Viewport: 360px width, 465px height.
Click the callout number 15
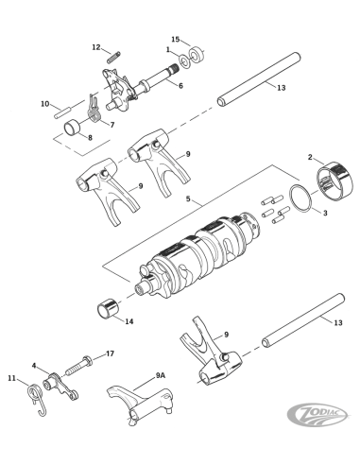(176, 40)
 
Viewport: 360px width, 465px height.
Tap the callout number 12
(96, 47)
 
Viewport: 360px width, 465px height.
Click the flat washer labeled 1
(184, 60)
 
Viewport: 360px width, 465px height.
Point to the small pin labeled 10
(63, 113)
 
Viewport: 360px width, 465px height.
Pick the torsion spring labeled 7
(94, 111)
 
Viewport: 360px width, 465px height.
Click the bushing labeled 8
(73, 128)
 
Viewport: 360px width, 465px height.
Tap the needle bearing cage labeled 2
(332, 181)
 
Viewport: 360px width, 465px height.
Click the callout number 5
(188, 199)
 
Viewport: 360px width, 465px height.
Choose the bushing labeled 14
(107, 308)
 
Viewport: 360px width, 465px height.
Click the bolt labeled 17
(78, 366)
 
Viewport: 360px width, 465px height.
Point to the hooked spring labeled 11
(37, 398)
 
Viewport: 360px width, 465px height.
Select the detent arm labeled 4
(61, 386)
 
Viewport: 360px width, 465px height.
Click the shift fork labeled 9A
(139, 405)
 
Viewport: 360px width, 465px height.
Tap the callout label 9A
(161, 375)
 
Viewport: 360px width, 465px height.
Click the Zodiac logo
(318, 414)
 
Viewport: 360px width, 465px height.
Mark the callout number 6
(180, 86)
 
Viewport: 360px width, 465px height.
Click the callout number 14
(129, 321)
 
